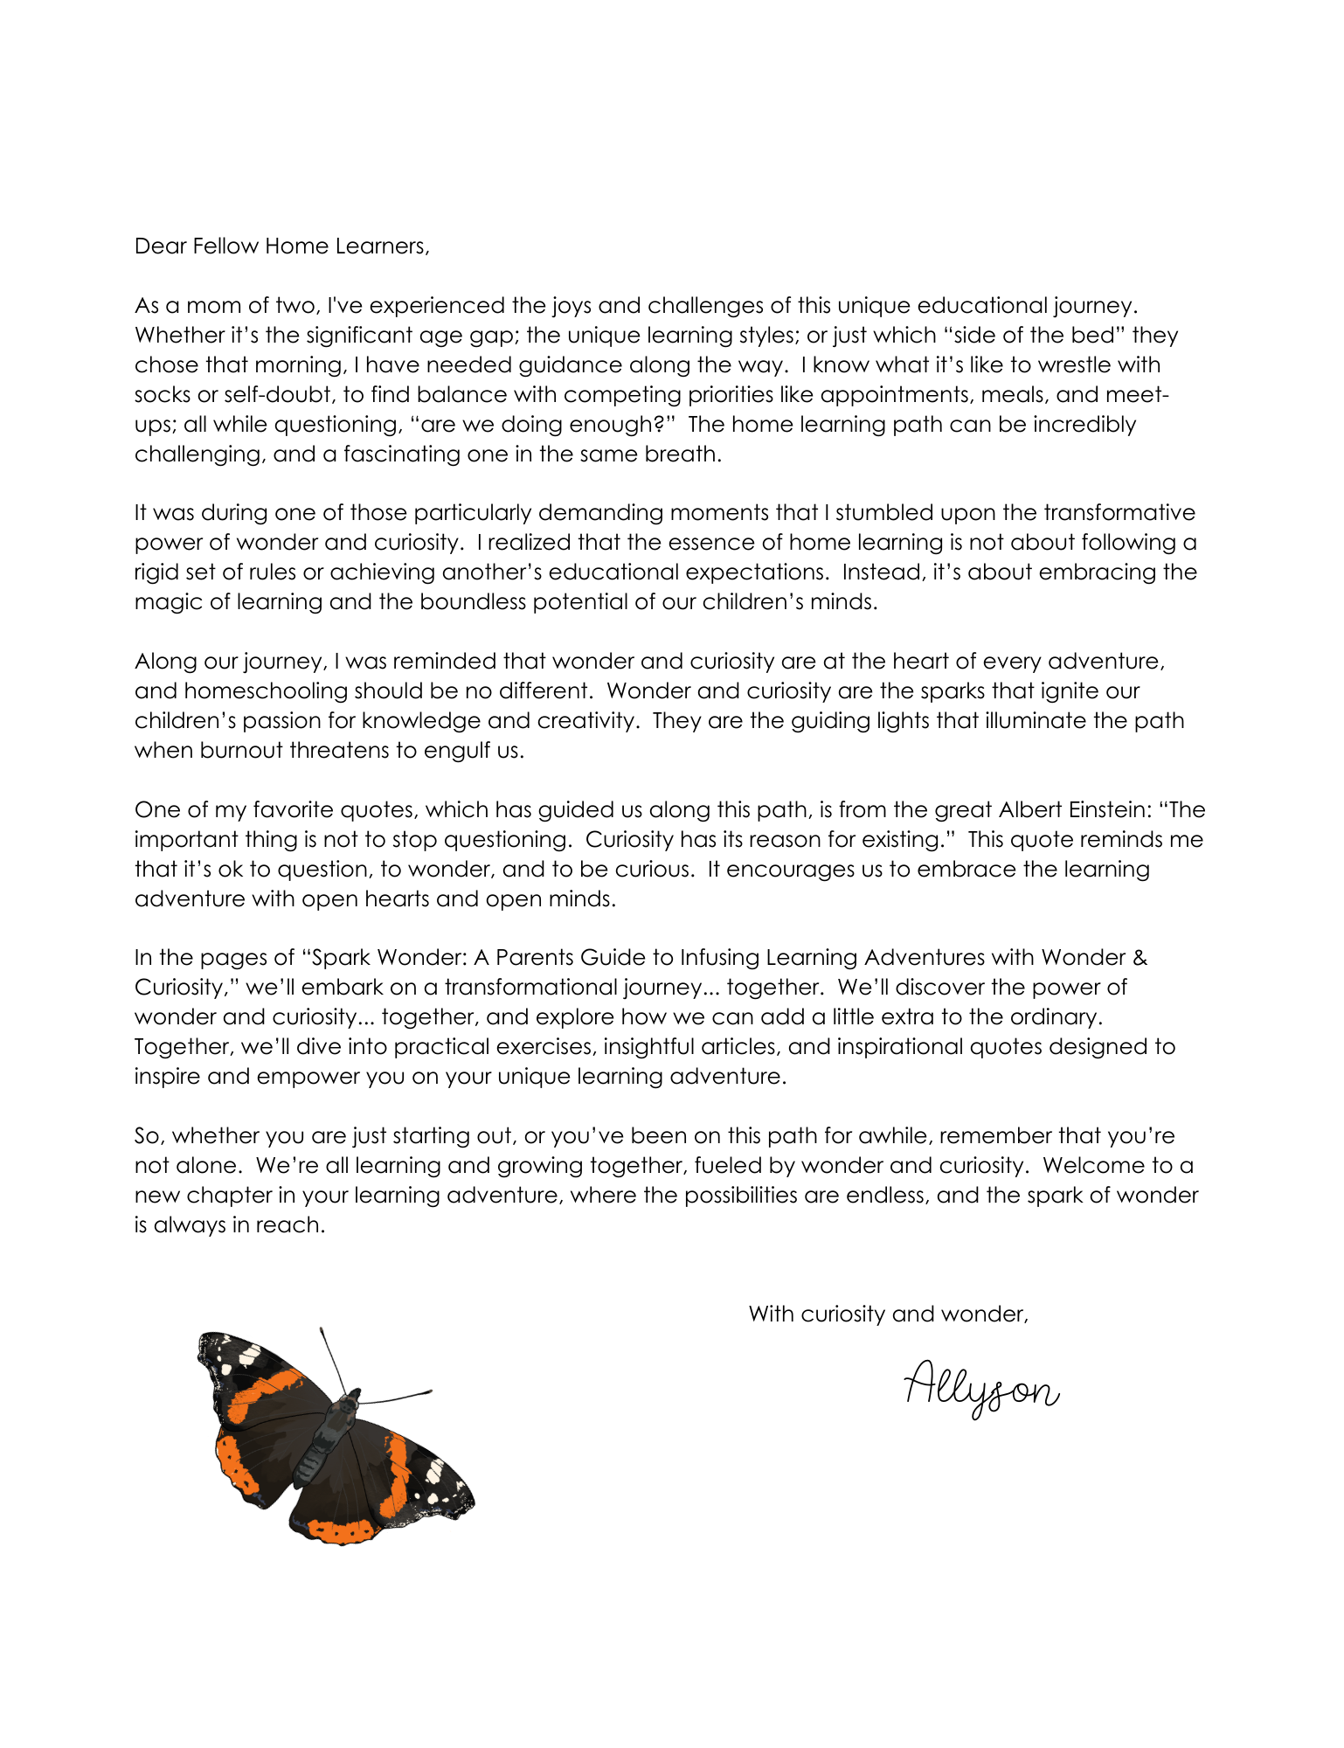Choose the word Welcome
[1096, 1166]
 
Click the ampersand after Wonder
[1139, 958]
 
